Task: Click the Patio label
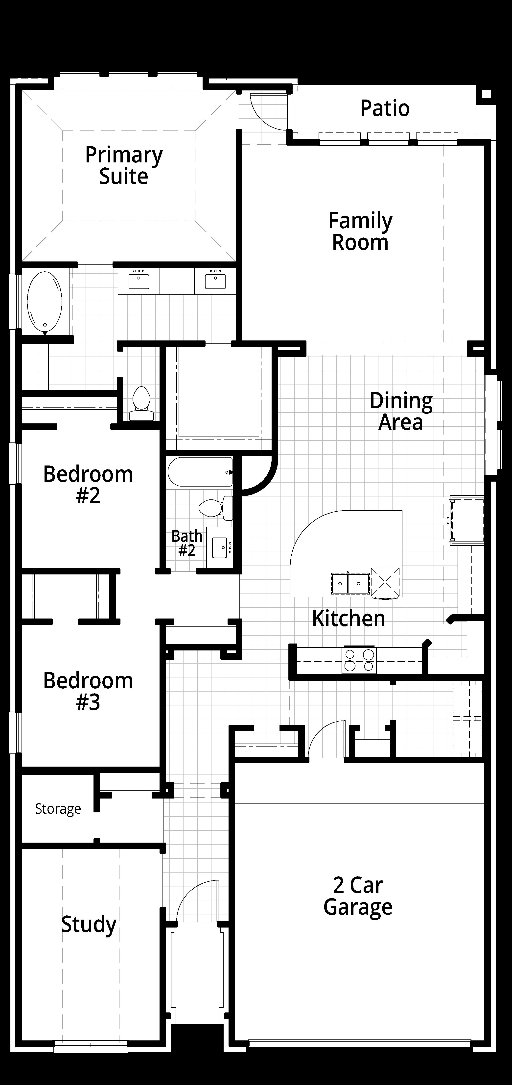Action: click(x=385, y=108)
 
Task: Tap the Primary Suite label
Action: click(x=124, y=166)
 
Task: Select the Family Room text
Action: click(x=360, y=232)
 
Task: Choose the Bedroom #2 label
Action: click(x=88, y=485)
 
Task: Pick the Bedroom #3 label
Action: click(x=88, y=691)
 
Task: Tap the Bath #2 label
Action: click(x=187, y=543)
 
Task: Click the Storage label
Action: click(x=58, y=809)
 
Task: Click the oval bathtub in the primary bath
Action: click(x=45, y=302)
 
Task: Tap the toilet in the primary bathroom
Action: click(x=141, y=404)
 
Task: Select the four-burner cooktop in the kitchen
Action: click(x=359, y=660)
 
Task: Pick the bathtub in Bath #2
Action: click(x=200, y=472)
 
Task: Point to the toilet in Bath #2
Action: click(x=216, y=508)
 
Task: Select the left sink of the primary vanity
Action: click(x=139, y=281)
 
